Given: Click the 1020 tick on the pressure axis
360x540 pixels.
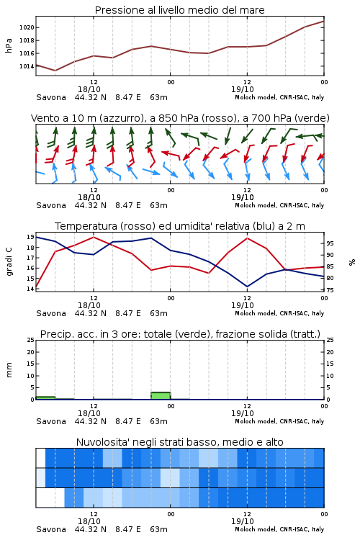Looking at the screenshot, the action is click(27, 27).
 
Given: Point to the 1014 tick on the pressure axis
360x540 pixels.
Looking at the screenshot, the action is click(27, 66).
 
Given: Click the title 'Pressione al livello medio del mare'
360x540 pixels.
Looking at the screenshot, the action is click(179, 10).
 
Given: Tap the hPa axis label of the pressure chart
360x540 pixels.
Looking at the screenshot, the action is click(9, 45).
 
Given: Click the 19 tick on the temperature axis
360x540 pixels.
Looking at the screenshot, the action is click(30, 237).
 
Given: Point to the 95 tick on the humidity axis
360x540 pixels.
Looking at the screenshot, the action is click(330, 243).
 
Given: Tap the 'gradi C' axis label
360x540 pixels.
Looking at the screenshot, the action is click(9, 262).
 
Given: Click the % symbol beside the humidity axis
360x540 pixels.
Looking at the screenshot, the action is click(352, 262).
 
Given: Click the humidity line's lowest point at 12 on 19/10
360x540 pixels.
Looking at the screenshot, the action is click(247, 287).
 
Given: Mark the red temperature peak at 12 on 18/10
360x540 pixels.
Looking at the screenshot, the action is click(94, 237).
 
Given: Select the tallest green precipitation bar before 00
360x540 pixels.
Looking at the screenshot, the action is click(161, 396).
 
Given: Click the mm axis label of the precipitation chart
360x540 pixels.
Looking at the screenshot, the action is click(9, 370).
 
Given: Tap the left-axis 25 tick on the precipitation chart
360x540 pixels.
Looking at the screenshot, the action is click(30, 340).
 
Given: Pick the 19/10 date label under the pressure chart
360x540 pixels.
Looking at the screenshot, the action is click(242, 89).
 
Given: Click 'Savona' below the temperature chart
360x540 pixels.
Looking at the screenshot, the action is click(51, 313).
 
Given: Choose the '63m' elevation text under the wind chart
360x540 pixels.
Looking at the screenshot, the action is click(158, 206).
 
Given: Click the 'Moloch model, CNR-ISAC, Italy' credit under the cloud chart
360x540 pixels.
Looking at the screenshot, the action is click(279, 529).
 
